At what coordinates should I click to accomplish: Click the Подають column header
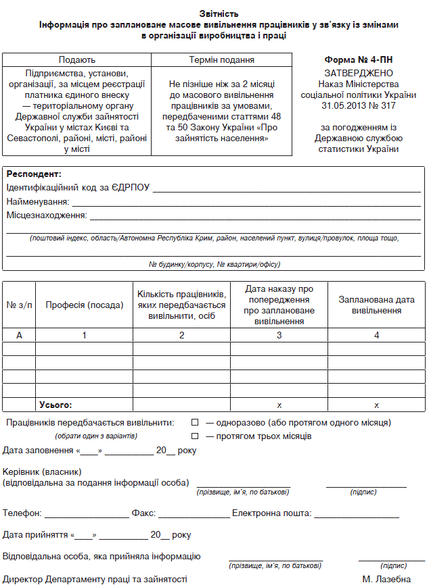click(x=76, y=60)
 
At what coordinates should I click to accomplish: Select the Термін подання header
click(x=222, y=60)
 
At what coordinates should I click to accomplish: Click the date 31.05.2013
click(x=342, y=106)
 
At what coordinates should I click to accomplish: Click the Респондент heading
click(x=34, y=174)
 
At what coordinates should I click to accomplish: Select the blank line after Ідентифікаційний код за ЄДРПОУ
click(x=286, y=190)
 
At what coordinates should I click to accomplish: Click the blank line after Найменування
click(x=246, y=205)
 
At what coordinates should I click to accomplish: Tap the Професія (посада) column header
click(x=85, y=305)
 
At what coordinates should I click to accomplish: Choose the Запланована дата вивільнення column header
click(x=376, y=305)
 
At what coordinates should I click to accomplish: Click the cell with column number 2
click(x=181, y=335)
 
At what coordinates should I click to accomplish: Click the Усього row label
click(x=55, y=405)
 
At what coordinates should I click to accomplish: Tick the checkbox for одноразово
click(x=196, y=423)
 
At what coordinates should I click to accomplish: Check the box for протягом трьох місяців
click(x=196, y=436)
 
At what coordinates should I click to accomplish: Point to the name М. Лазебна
click(x=386, y=580)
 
